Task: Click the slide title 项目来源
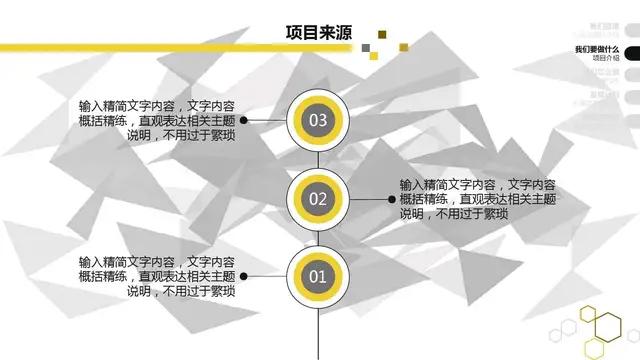coord(319,34)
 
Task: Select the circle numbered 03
coord(318,121)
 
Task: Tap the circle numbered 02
coord(318,198)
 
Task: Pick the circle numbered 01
coord(318,275)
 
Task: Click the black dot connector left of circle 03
coord(245,121)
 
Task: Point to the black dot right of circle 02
coord(392,199)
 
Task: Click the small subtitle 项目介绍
coord(605,59)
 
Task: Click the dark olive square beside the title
coord(381,35)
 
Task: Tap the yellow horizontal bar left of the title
coord(140,45)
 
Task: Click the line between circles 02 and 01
coord(318,237)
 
